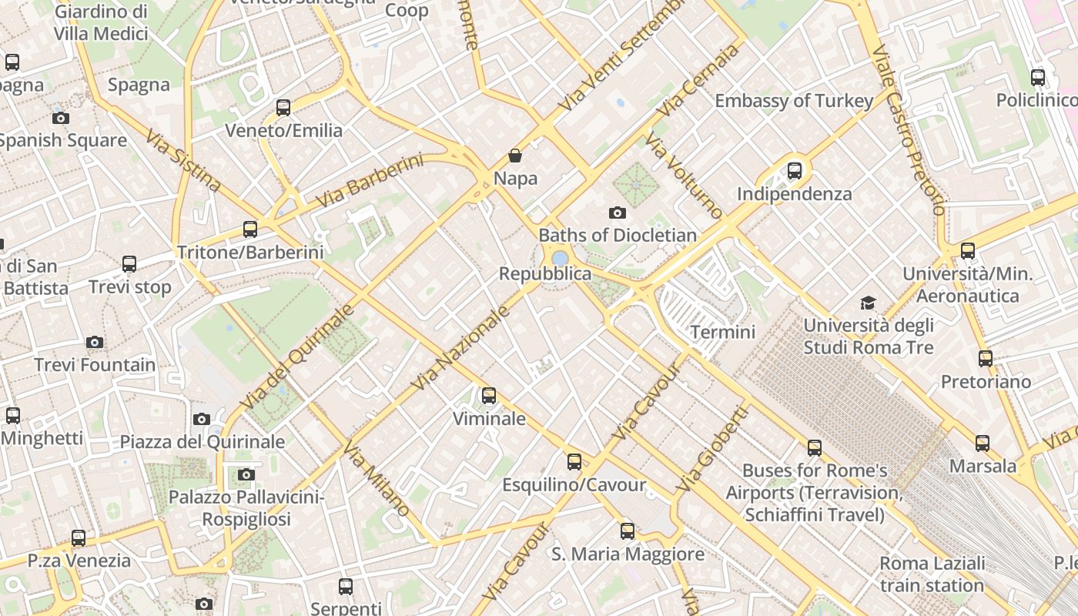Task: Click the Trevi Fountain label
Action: point(95,364)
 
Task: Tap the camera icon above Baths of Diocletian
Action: point(617,213)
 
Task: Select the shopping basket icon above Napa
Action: point(515,156)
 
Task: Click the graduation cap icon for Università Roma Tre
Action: point(868,303)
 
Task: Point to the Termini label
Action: point(723,332)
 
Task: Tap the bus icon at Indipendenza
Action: point(795,171)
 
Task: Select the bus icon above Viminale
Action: point(488,396)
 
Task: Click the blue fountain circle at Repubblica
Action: point(561,258)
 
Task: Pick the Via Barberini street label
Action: point(370,182)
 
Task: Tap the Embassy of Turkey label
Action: point(794,101)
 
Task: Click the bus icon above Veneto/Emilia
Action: point(283,108)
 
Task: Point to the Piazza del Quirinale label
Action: point(203,441)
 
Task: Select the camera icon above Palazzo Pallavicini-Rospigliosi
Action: point(246,474)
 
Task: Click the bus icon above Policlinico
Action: point(1038,78)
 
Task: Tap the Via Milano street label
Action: point(377,479)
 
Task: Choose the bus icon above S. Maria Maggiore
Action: point(628,531)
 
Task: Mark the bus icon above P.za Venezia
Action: point(79,538)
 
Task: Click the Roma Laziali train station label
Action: point(932,574)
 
